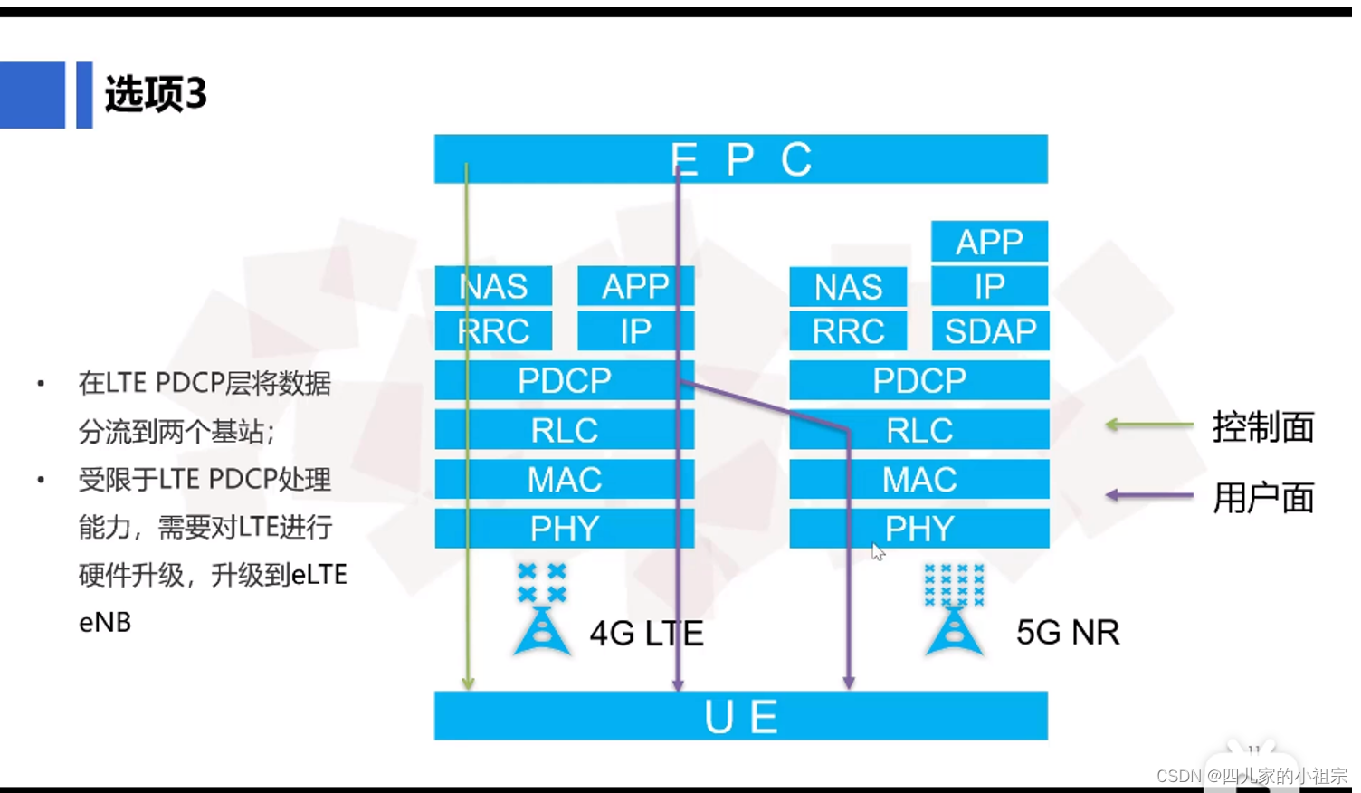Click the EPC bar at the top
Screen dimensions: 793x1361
(x=740, y=159)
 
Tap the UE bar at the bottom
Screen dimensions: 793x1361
(x=740, y=716)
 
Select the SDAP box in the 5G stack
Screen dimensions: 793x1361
(x=990, y=331)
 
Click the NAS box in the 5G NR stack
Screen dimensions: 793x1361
(x=848, y=287)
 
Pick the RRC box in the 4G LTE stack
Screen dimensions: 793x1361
(x=493, y=331)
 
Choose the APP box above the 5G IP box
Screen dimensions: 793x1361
(x=989, y=242)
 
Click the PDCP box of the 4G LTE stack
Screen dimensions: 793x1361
(x=564, y=380)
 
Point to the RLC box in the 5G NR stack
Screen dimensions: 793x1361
(x=918, y=430)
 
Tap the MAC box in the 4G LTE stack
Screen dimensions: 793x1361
(x=564, y=479)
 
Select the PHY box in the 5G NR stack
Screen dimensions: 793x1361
(x=918, y=529)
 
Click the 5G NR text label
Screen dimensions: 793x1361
(x=1068, y=632)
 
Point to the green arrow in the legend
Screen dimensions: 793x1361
(x=1149, y=425)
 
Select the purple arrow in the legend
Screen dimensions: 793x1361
(x=1149, y=495)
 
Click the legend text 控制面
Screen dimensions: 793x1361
(x=1263, y=426)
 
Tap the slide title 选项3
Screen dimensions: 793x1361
(x=156, y=94)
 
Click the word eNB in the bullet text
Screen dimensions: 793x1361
(x=105, y=623)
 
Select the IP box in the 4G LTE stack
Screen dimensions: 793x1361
(x=635, y=331)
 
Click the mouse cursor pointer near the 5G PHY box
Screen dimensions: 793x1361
(x=877, y=551)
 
